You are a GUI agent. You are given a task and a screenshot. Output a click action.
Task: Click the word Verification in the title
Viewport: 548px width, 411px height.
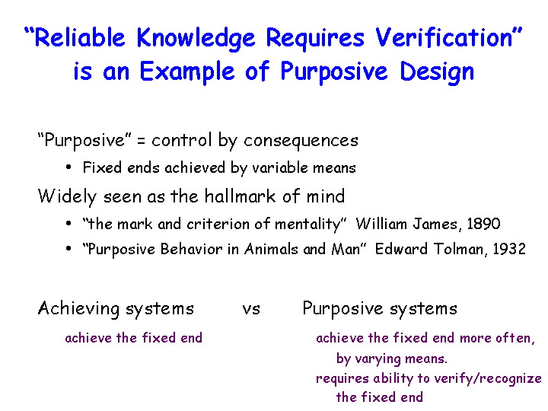tap(444, 37)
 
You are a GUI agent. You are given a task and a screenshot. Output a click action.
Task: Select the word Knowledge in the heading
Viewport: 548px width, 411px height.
tap(196, 39)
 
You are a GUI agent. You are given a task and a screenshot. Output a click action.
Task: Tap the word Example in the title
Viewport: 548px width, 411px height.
tap(187, 72)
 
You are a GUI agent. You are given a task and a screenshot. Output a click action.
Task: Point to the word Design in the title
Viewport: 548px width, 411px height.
tap(437, 72)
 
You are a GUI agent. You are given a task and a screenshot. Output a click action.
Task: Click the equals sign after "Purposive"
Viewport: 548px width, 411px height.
tap(141, 142)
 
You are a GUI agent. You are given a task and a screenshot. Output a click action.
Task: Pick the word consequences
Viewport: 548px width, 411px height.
tap(301, 142)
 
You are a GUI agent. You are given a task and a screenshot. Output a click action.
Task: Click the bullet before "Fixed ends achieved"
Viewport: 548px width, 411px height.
tap(68, 167)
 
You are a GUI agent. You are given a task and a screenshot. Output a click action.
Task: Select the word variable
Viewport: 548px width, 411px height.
tap(279, 167)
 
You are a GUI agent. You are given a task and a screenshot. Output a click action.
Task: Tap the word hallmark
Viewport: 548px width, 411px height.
tap(240, 196)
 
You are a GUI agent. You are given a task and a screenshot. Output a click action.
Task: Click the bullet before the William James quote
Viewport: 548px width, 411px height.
tap(68, 223)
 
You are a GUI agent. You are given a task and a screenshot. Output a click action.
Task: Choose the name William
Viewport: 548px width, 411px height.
tap(381, 224)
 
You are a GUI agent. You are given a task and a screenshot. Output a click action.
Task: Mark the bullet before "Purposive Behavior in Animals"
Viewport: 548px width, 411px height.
tap(68, 248)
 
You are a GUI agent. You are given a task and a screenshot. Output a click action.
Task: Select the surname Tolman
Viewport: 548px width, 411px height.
tap(460, 250)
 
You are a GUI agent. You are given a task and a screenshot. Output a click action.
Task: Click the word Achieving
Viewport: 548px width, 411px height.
tap(78, 309)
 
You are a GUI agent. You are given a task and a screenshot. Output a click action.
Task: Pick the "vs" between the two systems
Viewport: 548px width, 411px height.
tap(251, 310)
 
